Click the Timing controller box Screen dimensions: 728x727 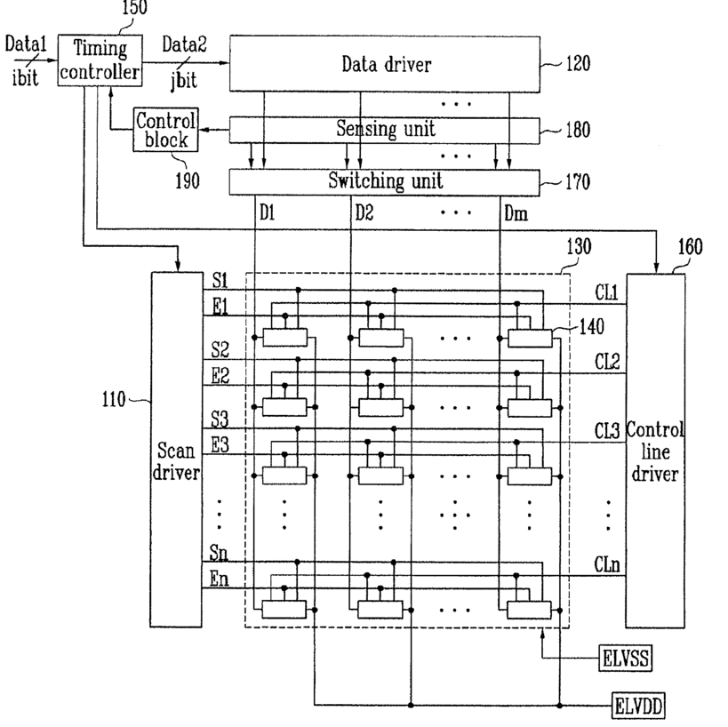click(100, 60)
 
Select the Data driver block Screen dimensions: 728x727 click(385, 64)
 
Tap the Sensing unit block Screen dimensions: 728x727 click(385, 130)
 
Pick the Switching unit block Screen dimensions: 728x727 click(385, 182)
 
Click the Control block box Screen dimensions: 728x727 click(165, 130)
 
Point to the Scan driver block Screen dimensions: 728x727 click(176, 450)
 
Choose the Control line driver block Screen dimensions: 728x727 click(655, 451)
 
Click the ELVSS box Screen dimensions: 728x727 click(626, 658)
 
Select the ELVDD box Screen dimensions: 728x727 click(638, 706)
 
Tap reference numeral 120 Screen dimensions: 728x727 click(578, 64)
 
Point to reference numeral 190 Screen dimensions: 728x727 click(188, 180)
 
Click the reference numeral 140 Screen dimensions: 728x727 click(591, 327)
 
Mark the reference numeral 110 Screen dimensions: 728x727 click(114, 399)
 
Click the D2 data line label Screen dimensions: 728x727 click(364, 213)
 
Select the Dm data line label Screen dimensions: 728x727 click(516, 214)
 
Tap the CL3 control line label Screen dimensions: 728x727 click(607, 431)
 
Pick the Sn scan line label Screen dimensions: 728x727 click(219, 553)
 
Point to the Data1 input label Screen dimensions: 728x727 click(26, 44)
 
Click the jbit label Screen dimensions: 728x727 click(184, 80)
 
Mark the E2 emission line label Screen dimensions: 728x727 click(220, 376)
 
